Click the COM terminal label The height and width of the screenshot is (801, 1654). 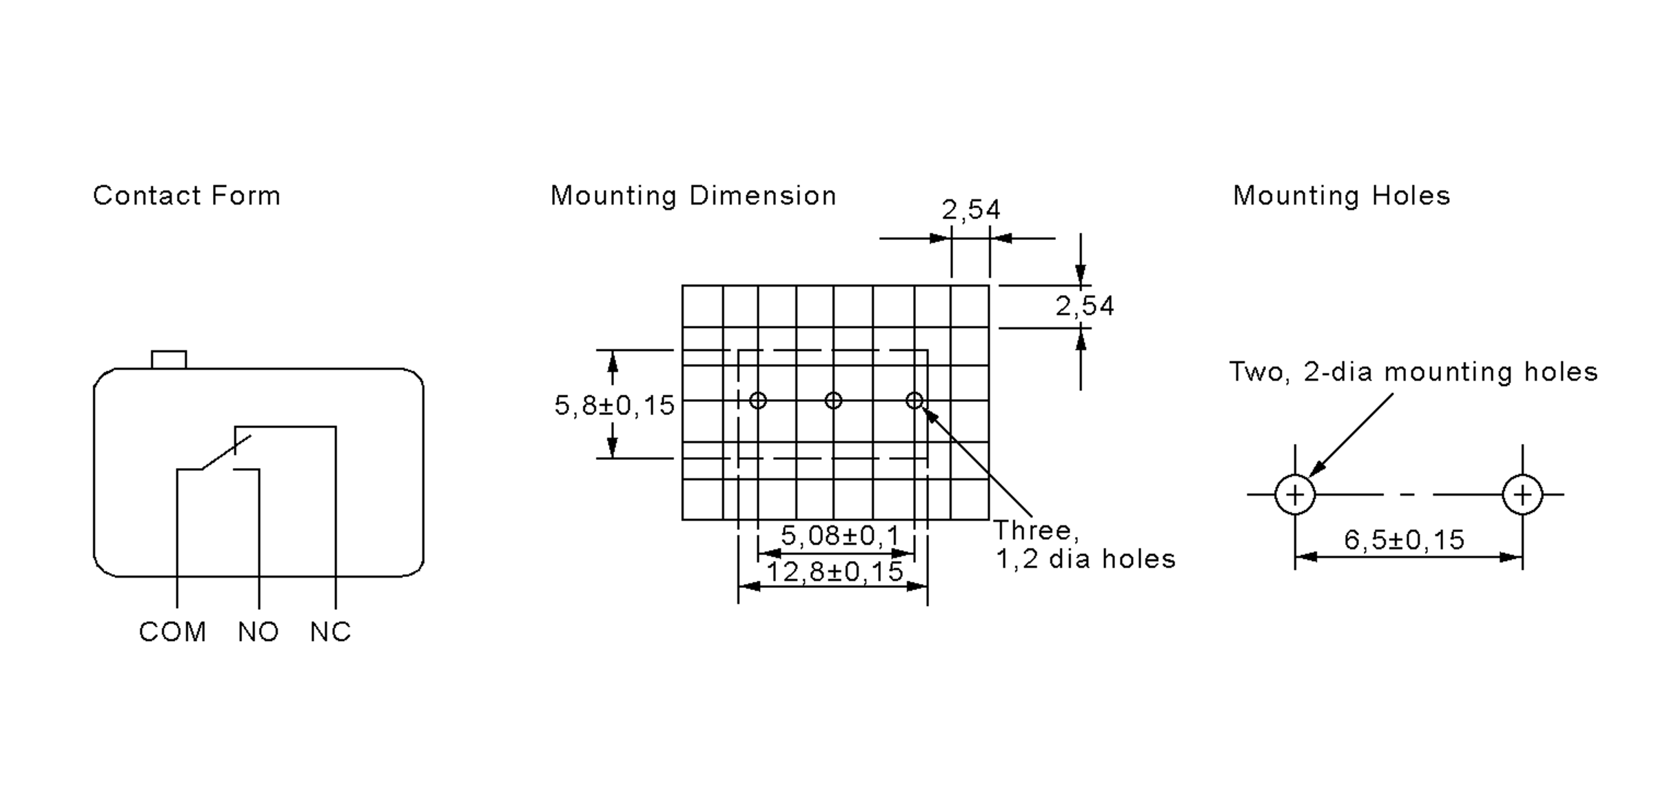point(172,631)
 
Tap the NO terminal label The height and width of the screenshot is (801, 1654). point(258,631)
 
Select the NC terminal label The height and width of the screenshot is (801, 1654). point(331,631)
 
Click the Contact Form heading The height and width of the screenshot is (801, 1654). point(187,196)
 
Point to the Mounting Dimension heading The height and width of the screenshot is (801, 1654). point(693,196)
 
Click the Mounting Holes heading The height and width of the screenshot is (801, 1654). point(1342,196)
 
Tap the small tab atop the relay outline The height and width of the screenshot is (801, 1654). point(169,360)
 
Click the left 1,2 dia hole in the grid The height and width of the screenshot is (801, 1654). point(758,400)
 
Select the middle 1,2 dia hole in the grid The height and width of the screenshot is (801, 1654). point(833,400)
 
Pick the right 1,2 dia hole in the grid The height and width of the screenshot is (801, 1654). point(915,400)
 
